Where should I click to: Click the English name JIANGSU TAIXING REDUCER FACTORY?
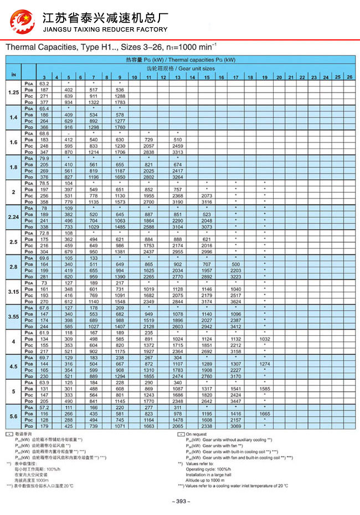(105, 29)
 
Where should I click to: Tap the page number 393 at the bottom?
(181, 501)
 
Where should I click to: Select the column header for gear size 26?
(349, 77)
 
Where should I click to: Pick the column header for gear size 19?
(265, 77)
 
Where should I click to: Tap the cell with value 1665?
(265, 414)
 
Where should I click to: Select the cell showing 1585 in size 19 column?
(265, 389)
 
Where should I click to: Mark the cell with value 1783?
(120, 102)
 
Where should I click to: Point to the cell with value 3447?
(236, 400)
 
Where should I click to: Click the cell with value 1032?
(265, 339)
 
